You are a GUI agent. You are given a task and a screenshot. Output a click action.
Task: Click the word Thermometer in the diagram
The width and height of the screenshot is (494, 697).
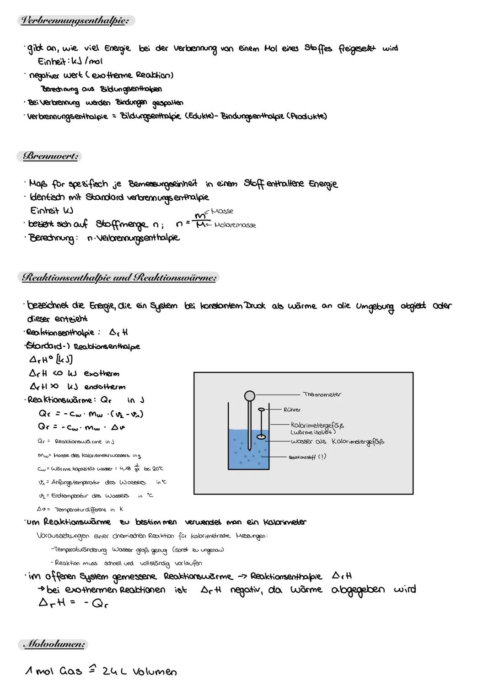point(322,394)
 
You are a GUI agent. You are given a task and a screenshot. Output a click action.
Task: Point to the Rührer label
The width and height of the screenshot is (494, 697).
point(292,410)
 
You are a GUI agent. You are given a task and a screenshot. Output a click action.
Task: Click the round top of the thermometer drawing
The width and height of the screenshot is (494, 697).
point(249,395)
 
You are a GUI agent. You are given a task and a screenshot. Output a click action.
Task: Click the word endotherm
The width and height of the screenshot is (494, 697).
point(105,387)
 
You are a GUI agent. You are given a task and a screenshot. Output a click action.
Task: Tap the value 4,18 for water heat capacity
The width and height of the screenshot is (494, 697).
point(124,468)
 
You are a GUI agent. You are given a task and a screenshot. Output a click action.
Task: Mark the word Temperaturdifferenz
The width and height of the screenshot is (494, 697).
point(81,509)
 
